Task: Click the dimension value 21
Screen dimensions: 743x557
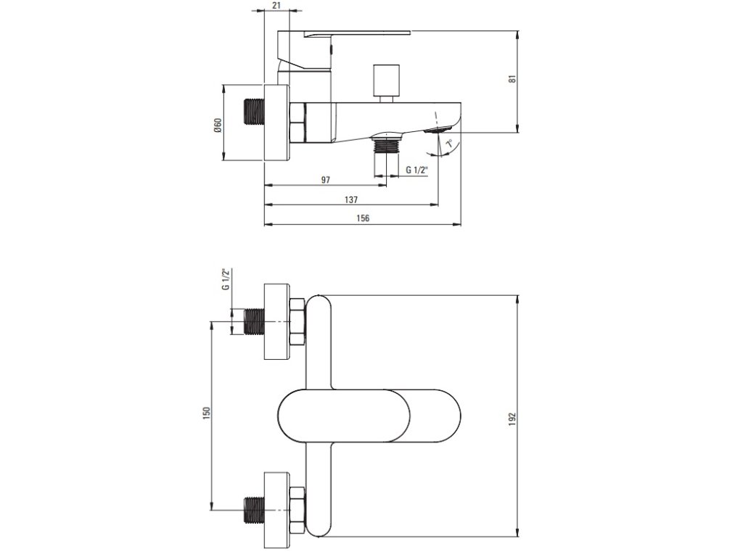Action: (277, 5)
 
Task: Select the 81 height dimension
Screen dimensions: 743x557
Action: (512, 78)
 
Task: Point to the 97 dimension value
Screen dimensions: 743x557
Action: (325, 180)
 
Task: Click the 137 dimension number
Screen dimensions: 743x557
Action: (351, 199)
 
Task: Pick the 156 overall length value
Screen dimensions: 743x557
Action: (363, 218)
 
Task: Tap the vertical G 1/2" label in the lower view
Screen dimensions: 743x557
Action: (226, 279)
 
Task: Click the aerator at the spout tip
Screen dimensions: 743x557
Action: (439, 130)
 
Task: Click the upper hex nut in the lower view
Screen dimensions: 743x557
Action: (297, 322)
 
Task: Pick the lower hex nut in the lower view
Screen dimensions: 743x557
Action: (297, 510)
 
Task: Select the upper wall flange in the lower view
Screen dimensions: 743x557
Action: (276, 322)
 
